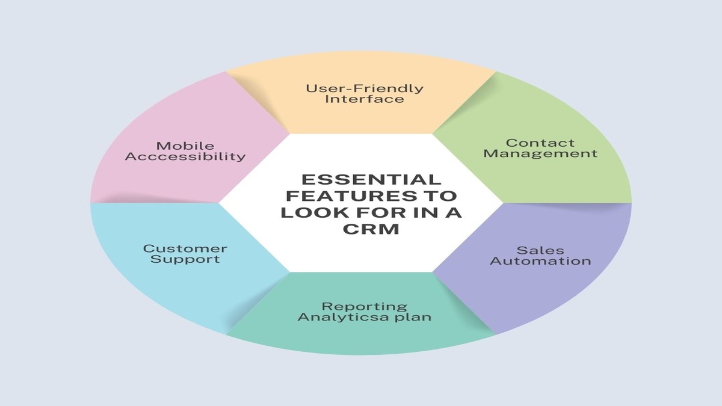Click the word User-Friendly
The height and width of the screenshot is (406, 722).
point(365,88)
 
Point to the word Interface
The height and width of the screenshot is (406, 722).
point(365,99)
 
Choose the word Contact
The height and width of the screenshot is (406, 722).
point(540,143)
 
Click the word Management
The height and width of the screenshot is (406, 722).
point(540,153)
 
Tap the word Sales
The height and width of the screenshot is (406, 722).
point(540,250)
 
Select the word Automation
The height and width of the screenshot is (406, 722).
point(540,261)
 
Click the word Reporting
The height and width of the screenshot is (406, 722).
point(365,306)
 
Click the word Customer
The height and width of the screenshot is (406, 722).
point(185,248)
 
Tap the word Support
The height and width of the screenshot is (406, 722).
point(185,259)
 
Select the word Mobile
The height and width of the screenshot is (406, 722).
point(185,145)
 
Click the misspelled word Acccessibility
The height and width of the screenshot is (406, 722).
point(185,156)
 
